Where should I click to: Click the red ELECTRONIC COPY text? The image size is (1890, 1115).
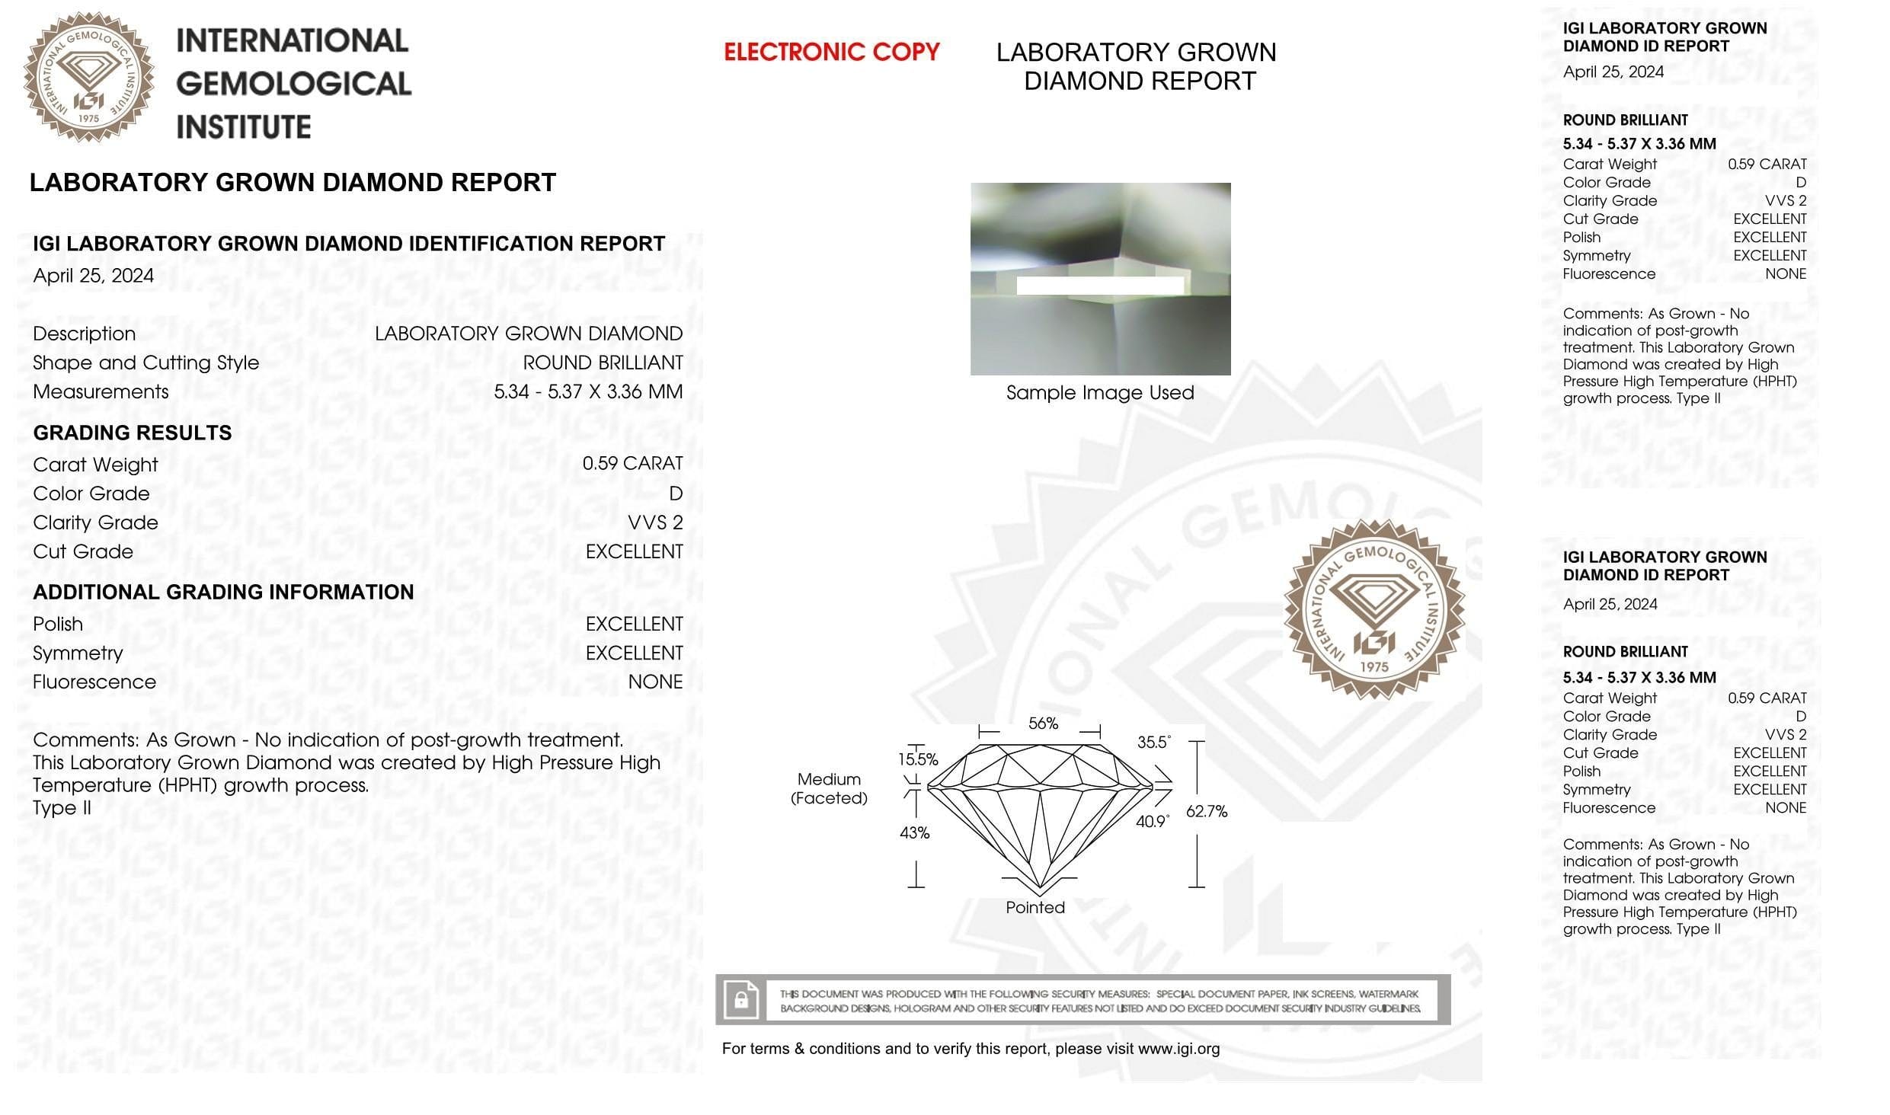(831, 52)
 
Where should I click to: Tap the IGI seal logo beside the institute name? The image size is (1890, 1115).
(88, 77)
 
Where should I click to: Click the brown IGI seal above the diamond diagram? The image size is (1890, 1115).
(1374, 610)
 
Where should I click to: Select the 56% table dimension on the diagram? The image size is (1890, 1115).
(1043, 724)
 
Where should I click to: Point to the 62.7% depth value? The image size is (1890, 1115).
(1207, 812)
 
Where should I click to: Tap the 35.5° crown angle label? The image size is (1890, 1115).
(1153, 743)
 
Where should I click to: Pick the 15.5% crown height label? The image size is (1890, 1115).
(918, 759)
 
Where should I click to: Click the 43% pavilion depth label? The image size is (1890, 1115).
(914, 833)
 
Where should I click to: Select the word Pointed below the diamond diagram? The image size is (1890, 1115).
(1035, 908)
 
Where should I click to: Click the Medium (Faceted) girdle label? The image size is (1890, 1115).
(829, 789)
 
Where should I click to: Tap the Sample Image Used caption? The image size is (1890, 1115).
(1100, 393)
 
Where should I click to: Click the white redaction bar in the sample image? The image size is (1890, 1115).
(1100, 286)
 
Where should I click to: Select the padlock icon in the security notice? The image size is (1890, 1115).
(740, 1000)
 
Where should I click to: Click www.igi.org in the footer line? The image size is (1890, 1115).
(1178, 1049)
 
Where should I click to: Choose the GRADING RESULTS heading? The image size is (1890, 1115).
(133, 433)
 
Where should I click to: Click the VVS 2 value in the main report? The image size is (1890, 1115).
(655, 522)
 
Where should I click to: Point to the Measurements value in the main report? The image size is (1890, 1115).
(588, 392)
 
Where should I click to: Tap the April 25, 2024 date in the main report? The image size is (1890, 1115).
(93, 276)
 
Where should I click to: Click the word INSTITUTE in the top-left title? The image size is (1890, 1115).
(244, 127)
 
